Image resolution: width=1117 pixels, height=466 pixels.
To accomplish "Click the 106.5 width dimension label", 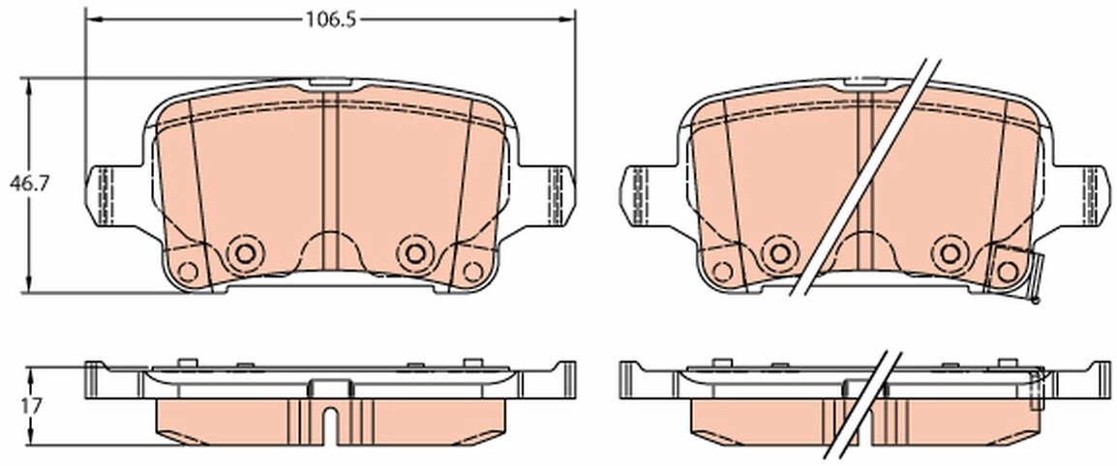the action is click(x=330, y=19).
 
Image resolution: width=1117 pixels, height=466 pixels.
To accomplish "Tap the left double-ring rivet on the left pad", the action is click(x=244, y=252).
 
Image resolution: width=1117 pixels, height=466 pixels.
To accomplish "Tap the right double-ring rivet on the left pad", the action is click(x=415, y=252).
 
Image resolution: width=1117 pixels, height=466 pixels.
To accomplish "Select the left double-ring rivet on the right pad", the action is click(x=778, y=252).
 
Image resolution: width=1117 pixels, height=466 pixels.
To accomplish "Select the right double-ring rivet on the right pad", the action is click(x=950, y=252).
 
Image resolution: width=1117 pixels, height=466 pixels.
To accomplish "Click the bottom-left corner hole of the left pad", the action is click(x=188, y=271).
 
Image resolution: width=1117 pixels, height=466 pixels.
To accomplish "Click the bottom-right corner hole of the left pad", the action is click(x=472, y=271).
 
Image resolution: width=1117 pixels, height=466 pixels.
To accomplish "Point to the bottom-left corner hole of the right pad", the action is click(x=722, y=271).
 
